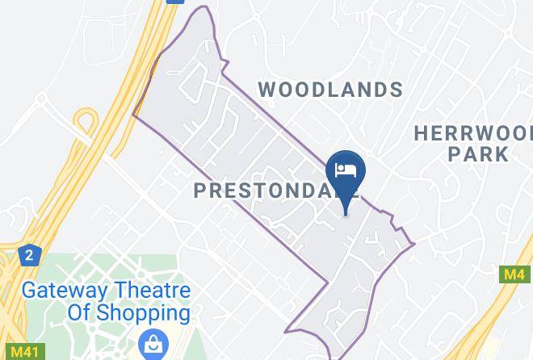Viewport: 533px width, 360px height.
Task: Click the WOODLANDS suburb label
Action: [331, 89]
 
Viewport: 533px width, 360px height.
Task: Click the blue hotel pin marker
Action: [346, 175]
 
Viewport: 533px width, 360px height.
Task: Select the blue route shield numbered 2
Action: [29, 256]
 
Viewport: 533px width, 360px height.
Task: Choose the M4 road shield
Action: [514, 274]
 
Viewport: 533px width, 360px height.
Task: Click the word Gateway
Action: [61, 291]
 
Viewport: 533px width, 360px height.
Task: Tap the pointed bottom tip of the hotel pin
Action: [346, 213]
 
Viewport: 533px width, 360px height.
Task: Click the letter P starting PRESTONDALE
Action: [201, 190]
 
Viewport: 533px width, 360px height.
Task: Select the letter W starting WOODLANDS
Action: [268, 89]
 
